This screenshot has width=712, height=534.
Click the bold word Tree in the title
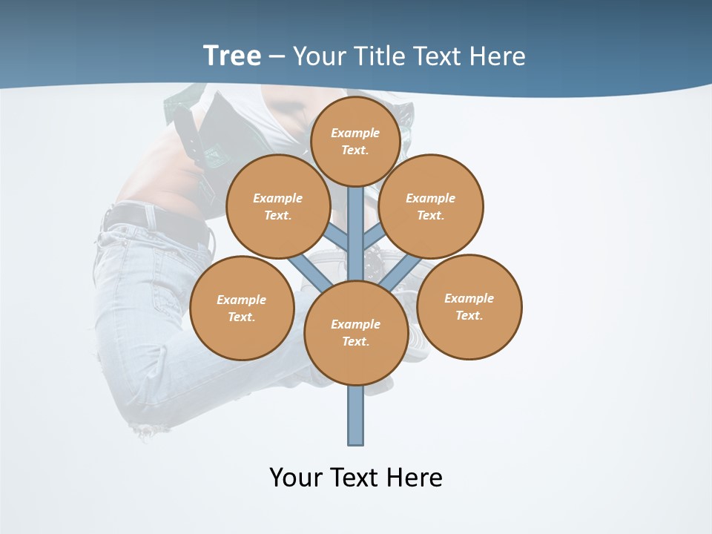[x=232, y=56]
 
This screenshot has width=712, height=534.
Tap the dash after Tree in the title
[x=277, y=57]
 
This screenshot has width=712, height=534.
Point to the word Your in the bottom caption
[x=296, y=477]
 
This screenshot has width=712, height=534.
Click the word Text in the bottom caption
[x=355, y=477]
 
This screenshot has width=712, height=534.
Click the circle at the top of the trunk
[x=355, y=141]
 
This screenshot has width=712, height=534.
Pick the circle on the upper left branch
[x=278, y=206]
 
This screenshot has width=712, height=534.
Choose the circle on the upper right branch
[x=431, y=206]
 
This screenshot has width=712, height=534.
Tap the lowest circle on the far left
[x=242, y=308]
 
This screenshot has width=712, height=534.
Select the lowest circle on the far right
[x=469, y=306]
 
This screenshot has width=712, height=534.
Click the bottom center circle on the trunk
[x=356, y=333]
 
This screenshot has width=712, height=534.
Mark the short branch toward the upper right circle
[x=374, y=237]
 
